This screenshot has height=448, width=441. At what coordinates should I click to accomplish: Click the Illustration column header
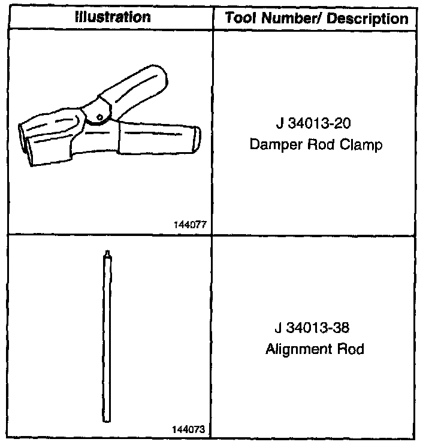tap(113, 17)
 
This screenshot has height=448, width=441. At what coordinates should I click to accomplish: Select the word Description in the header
tap(371, 18)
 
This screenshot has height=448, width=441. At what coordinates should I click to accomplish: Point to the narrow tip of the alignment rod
tap(106, 253)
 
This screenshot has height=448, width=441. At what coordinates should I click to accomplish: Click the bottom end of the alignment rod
tap(106, 417)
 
